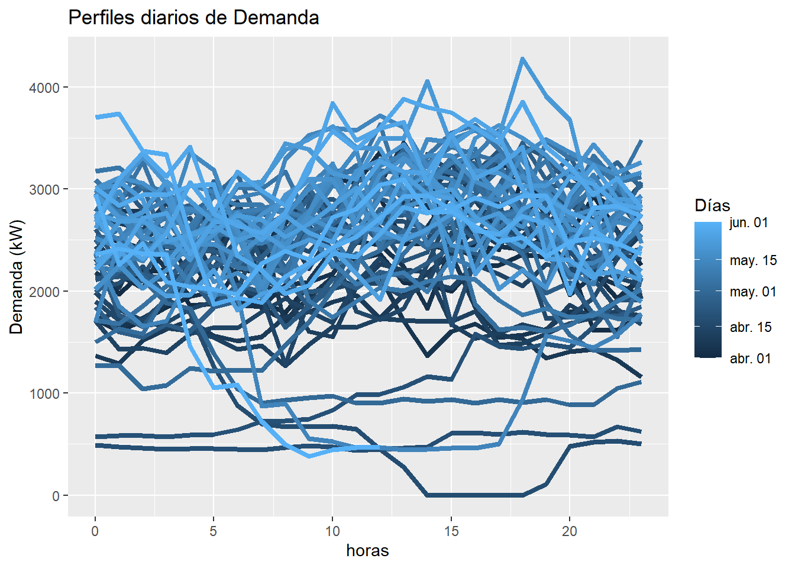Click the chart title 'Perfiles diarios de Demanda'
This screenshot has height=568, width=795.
(193, 18)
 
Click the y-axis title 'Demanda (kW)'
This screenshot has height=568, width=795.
(17, 277)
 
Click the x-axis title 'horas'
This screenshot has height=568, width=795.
(367, 551)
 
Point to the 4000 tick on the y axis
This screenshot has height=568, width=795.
(44, 88)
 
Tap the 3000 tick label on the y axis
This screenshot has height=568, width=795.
(44, 189)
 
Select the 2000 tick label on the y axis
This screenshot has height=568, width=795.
(44, 292)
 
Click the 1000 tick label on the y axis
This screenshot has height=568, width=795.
(44, 393)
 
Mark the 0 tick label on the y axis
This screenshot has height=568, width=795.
(56, 496)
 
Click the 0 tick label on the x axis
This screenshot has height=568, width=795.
(95, 531)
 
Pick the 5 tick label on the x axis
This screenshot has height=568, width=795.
(214, 531)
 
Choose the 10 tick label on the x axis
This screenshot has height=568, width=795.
(332, 531)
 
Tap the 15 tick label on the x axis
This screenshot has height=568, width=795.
(451, 531)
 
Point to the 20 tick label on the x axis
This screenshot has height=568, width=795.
(570, 531)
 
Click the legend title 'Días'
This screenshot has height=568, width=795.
(712, 205)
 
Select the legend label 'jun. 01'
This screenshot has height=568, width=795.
(749, 223)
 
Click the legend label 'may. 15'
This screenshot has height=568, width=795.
(753, 260)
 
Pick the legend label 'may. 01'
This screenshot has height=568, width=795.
(753, 292)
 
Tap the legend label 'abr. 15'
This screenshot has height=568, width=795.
(751, 327)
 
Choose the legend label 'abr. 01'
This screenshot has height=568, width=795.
(751, 359)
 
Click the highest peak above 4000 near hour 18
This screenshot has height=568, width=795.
(522, 59)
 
